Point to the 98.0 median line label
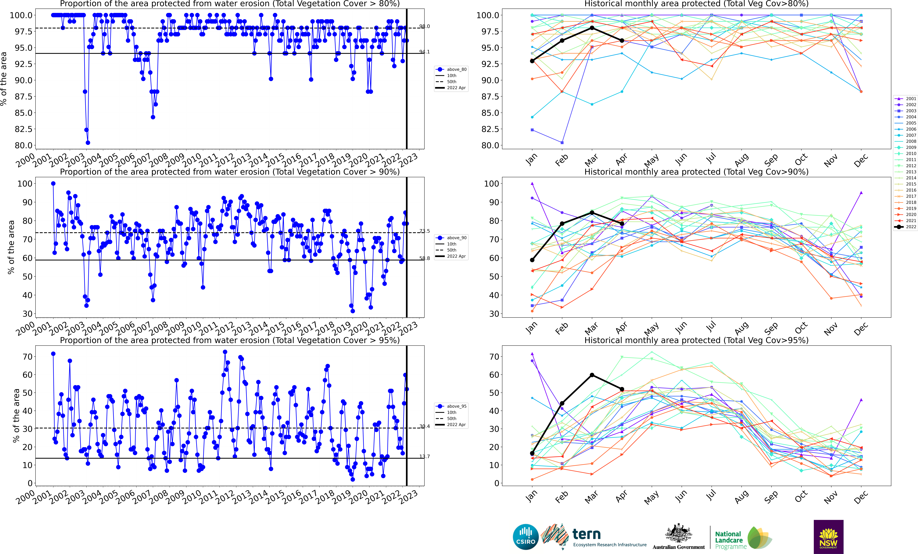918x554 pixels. point(424,26)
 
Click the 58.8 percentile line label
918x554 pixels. point(424,258)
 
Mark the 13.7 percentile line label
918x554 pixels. point(424,456)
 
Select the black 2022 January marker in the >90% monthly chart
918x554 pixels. point(532,260)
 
